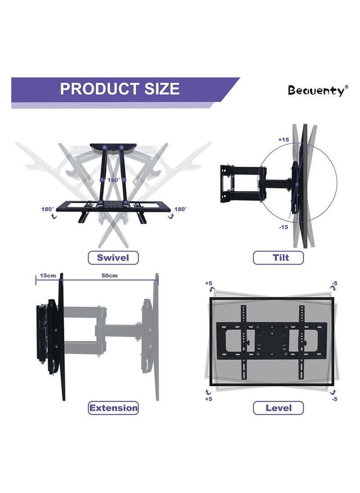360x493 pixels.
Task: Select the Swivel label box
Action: coord(113,258)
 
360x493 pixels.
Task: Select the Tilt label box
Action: coord(278,258)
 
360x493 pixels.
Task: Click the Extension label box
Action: coord(113,408)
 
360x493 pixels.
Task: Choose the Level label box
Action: coord(278,408)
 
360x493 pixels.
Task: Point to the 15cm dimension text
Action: coord(48,275)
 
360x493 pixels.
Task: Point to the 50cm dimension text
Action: coord(109,275)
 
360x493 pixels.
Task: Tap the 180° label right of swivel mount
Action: coord(181,209)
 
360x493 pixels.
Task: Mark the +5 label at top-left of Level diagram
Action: coord(209,283)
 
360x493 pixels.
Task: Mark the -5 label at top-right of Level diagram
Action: coord(334,283)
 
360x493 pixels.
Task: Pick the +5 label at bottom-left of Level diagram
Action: coord(209,399)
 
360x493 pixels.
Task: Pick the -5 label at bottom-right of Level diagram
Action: coord(334,399)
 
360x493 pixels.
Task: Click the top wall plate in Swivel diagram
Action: coord(112,146)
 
